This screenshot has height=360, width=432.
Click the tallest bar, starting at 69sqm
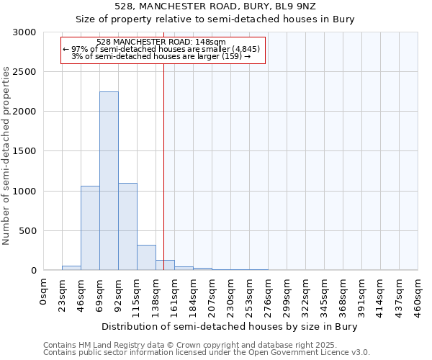click(109, 181)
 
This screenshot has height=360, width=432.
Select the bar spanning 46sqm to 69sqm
click(90, 228)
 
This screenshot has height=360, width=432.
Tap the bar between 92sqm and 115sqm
click(127, 226)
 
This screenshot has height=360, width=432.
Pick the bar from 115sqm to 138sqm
click(146, 257)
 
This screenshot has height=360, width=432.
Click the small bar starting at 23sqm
click(71, 268)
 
